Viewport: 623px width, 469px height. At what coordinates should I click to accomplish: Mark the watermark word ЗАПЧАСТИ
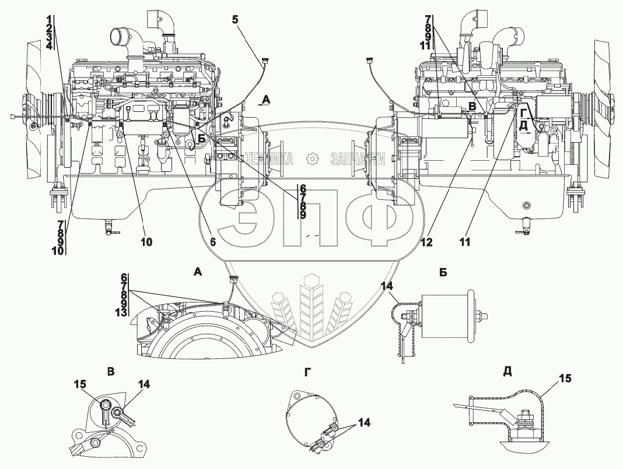click(357, 158)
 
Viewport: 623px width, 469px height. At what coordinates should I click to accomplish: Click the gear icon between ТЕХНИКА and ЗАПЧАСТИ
click(313, 158)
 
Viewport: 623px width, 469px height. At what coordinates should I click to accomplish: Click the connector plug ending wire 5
click(265, 59)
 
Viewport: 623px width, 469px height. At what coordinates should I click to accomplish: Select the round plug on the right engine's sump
click(527, 206)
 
